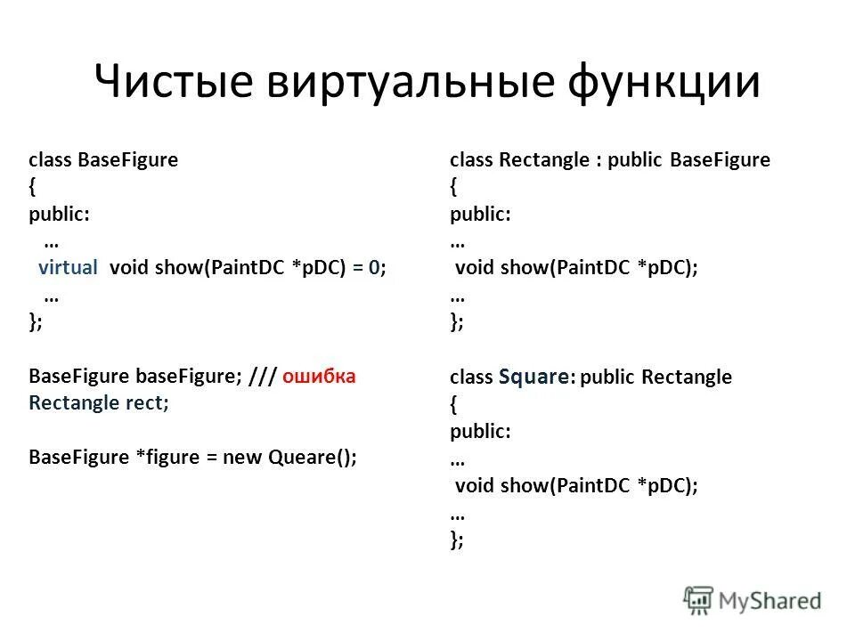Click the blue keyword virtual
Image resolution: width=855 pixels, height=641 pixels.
[68, 268]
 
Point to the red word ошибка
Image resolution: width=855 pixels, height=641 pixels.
[319, 376]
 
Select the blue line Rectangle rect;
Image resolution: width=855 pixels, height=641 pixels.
[99, 402]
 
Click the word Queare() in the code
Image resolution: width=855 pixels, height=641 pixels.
[312, 457]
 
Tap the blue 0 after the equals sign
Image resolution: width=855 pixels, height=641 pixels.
[375, 268]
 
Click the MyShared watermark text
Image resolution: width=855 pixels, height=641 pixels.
[769, 601]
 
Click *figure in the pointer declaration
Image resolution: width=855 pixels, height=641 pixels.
[166, 457]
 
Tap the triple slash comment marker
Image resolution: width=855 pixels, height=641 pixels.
[262, 376]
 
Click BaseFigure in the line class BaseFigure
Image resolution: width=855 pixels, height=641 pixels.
[128, 160]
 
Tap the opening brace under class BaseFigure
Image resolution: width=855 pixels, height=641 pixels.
[33, 188]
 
